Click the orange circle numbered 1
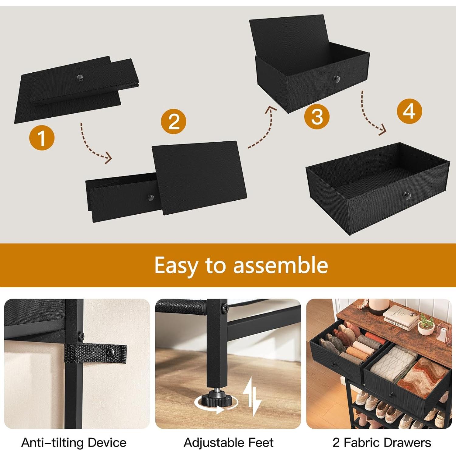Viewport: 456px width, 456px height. click(x=42, y=138)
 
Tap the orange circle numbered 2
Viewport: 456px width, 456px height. click(x=174, y=122)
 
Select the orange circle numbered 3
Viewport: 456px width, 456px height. click(x=317, y=117)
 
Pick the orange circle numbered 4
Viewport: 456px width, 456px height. click(x=409, y=111)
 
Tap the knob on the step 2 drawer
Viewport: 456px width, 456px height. click(x=150, y=198)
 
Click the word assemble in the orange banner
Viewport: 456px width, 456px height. click(x=280, y=265)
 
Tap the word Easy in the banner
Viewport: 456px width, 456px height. click(x=176, y=265)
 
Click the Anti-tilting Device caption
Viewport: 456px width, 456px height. click(x=74, y=443)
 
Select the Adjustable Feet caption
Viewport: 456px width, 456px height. click(x=229, y=443)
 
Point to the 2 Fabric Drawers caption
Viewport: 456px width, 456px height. click(x=382, y=443)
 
